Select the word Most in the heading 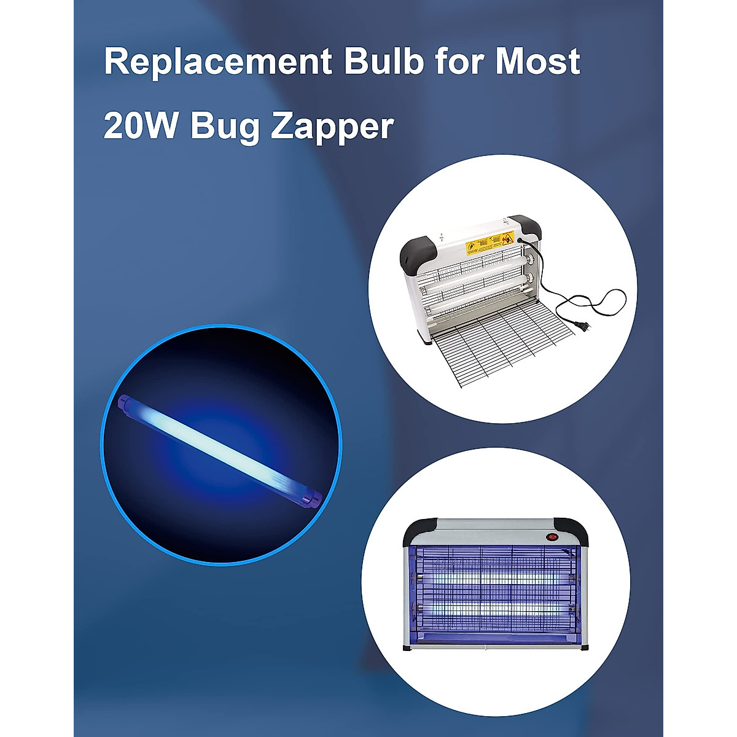(x=538, y=61)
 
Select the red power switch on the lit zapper (x=552, y=536)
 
